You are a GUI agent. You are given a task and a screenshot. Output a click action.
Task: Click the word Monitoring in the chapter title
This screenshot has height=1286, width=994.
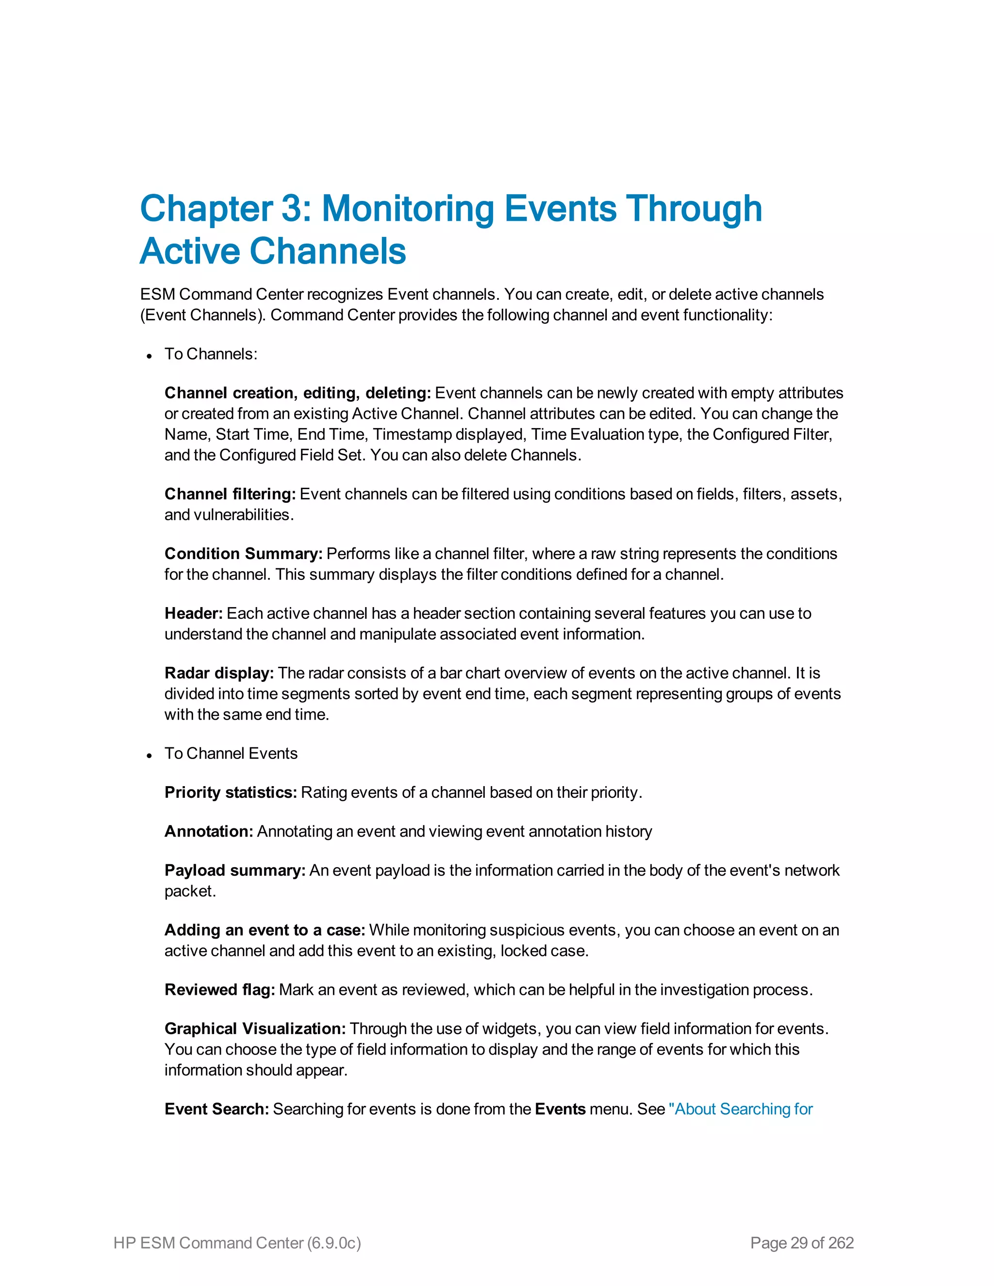(408, 210)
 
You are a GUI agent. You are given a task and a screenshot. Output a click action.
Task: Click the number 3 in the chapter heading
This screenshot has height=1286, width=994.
(292, 210)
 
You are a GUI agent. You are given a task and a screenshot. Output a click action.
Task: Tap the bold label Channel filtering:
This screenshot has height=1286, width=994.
(230, 494)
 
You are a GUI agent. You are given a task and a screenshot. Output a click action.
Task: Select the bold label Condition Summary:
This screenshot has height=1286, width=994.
(243, 554)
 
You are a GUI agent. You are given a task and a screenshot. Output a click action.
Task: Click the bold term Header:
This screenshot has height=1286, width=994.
(193, 613)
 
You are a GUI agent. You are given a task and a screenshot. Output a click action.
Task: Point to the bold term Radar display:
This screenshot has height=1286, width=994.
(219, 673)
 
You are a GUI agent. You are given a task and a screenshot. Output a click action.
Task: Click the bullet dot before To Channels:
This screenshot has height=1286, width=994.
(149, 356)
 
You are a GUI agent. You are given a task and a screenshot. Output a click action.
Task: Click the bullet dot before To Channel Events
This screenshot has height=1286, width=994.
(149, 756)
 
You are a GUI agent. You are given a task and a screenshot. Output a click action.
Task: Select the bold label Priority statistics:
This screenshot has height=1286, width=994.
(230, 792)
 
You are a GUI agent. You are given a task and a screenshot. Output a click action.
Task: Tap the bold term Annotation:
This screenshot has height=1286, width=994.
(208, 831)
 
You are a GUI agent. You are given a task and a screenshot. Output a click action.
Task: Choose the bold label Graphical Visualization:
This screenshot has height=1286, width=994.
(255, 1029)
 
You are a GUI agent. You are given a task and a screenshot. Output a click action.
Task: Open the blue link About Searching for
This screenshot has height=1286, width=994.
(743, 1109)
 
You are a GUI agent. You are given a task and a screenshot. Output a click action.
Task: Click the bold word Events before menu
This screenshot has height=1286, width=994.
(560, 1109)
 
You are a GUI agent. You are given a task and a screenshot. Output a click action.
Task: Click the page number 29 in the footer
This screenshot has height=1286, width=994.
(798, 1243)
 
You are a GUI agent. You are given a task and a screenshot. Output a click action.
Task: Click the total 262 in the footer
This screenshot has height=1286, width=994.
(841, 1243)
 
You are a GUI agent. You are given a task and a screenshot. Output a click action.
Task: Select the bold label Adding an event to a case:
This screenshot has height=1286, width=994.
(265, 930)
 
